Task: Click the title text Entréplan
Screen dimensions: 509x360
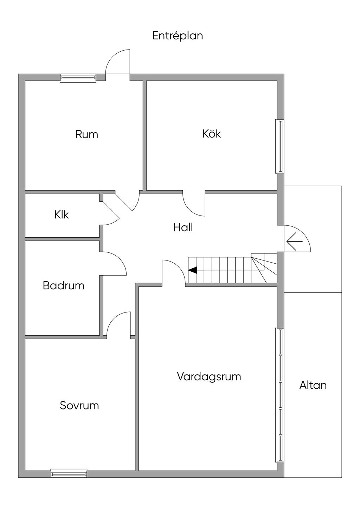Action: (178, 36)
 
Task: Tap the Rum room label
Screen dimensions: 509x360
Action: (86, 134)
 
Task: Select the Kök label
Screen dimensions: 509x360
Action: (212, 134)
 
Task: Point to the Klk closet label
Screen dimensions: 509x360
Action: (62, 214)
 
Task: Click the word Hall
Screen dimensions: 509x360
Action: (183, 227)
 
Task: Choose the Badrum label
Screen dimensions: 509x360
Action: (64, 285)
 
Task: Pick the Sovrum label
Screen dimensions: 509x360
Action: (79, 405)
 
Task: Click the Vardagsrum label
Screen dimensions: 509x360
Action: (209, 376)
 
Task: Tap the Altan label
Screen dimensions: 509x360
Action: (313, 385)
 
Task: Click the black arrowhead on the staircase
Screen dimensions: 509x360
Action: (193, 270)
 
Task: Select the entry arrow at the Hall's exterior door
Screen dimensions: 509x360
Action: (294, 242)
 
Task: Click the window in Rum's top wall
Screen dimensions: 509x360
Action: (78, 78)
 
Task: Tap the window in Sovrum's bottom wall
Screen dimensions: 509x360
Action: (69, 473)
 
